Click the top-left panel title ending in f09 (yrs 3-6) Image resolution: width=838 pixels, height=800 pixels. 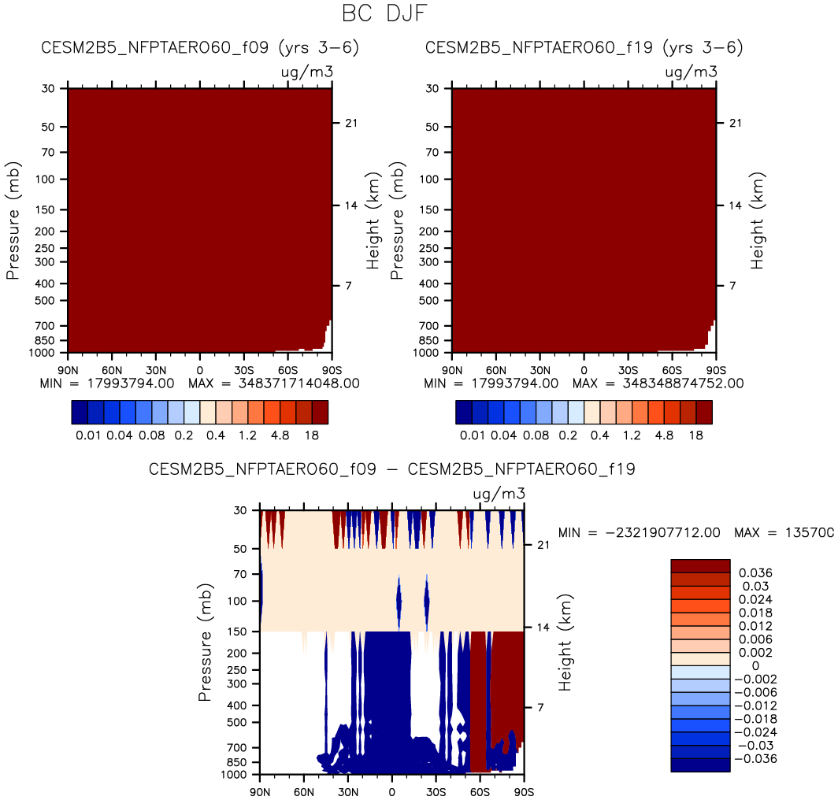[x=200, y=48]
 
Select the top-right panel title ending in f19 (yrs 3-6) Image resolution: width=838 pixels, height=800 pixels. [x=584, y=48]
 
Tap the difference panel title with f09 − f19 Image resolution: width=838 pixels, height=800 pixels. [x=392, y=469]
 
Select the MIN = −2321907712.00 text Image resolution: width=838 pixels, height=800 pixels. [x=639, y=532]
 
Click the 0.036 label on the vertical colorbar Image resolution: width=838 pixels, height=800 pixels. [x=753, y=572]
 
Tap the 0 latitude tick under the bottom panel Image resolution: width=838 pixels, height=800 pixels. [x=391, y=791]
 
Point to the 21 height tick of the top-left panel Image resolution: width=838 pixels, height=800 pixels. [x=347, y=123]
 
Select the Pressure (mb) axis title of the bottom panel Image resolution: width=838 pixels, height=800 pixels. [x=205, y=642]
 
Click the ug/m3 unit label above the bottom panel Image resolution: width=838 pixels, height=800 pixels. [x=499, y=494]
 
